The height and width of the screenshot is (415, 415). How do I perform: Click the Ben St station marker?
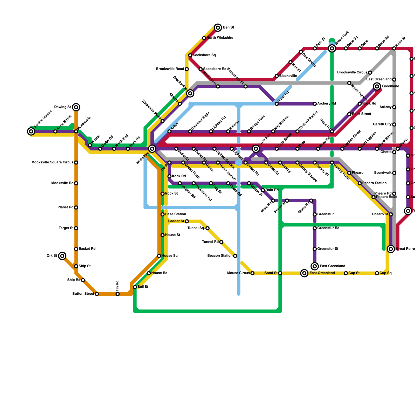218,27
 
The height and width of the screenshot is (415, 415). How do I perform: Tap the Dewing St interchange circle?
76,107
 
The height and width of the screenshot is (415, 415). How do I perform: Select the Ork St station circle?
62,256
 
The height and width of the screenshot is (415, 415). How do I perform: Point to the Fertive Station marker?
31,132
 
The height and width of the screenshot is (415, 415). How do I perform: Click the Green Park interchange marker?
332,49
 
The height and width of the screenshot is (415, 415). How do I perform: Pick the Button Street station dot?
97,294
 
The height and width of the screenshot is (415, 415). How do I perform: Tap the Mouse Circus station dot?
252,273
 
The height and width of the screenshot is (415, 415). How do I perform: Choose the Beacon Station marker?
235,256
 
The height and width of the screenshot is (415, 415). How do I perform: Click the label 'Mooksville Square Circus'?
52,163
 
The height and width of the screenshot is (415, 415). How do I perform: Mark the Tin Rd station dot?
117,294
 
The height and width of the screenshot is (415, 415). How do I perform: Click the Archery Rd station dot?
315,104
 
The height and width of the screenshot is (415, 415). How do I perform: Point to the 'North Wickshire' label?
220,38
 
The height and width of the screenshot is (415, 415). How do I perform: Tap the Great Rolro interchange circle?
391,249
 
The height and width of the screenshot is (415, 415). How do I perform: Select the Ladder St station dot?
187,221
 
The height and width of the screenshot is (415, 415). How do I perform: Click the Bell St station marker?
135,287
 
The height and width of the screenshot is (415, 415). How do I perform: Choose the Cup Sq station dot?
377,273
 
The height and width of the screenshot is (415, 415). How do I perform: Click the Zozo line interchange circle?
256,149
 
